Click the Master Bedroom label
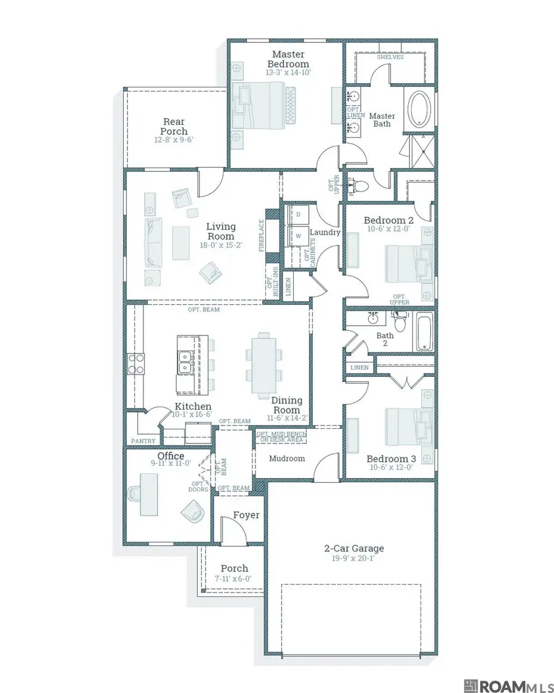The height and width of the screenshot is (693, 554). click(287, 59)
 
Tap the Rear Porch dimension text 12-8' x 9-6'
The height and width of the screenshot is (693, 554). click(174, 140)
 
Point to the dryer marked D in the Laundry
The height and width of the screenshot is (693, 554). click(299, 214)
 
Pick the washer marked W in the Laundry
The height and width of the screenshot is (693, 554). click(299, 235)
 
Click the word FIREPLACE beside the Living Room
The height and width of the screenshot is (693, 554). click(261, 236)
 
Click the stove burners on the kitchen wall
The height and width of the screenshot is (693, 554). click(135, 363)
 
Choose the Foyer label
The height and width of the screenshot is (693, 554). click(246, 515)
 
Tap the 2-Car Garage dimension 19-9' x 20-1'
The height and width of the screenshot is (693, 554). click(354, 559)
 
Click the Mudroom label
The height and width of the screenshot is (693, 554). click(287, 458)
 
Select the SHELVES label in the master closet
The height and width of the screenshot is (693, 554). click(390, 57)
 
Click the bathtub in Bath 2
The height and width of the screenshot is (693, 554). click(424, 331)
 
